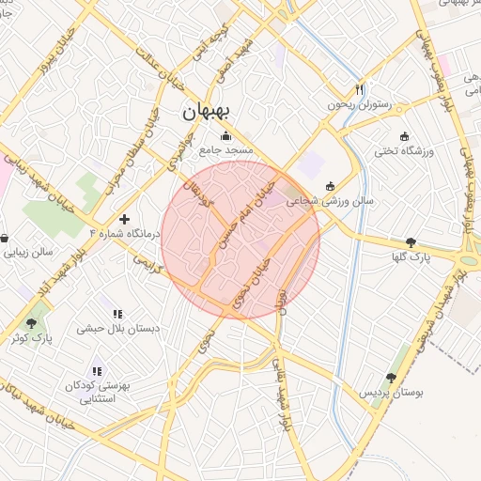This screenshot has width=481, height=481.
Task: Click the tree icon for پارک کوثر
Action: click(x=31, y=322)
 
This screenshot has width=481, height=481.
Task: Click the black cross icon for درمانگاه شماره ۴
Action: click(x=124, y=218)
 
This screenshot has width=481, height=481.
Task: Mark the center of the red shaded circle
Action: click(x=240, y=240)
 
